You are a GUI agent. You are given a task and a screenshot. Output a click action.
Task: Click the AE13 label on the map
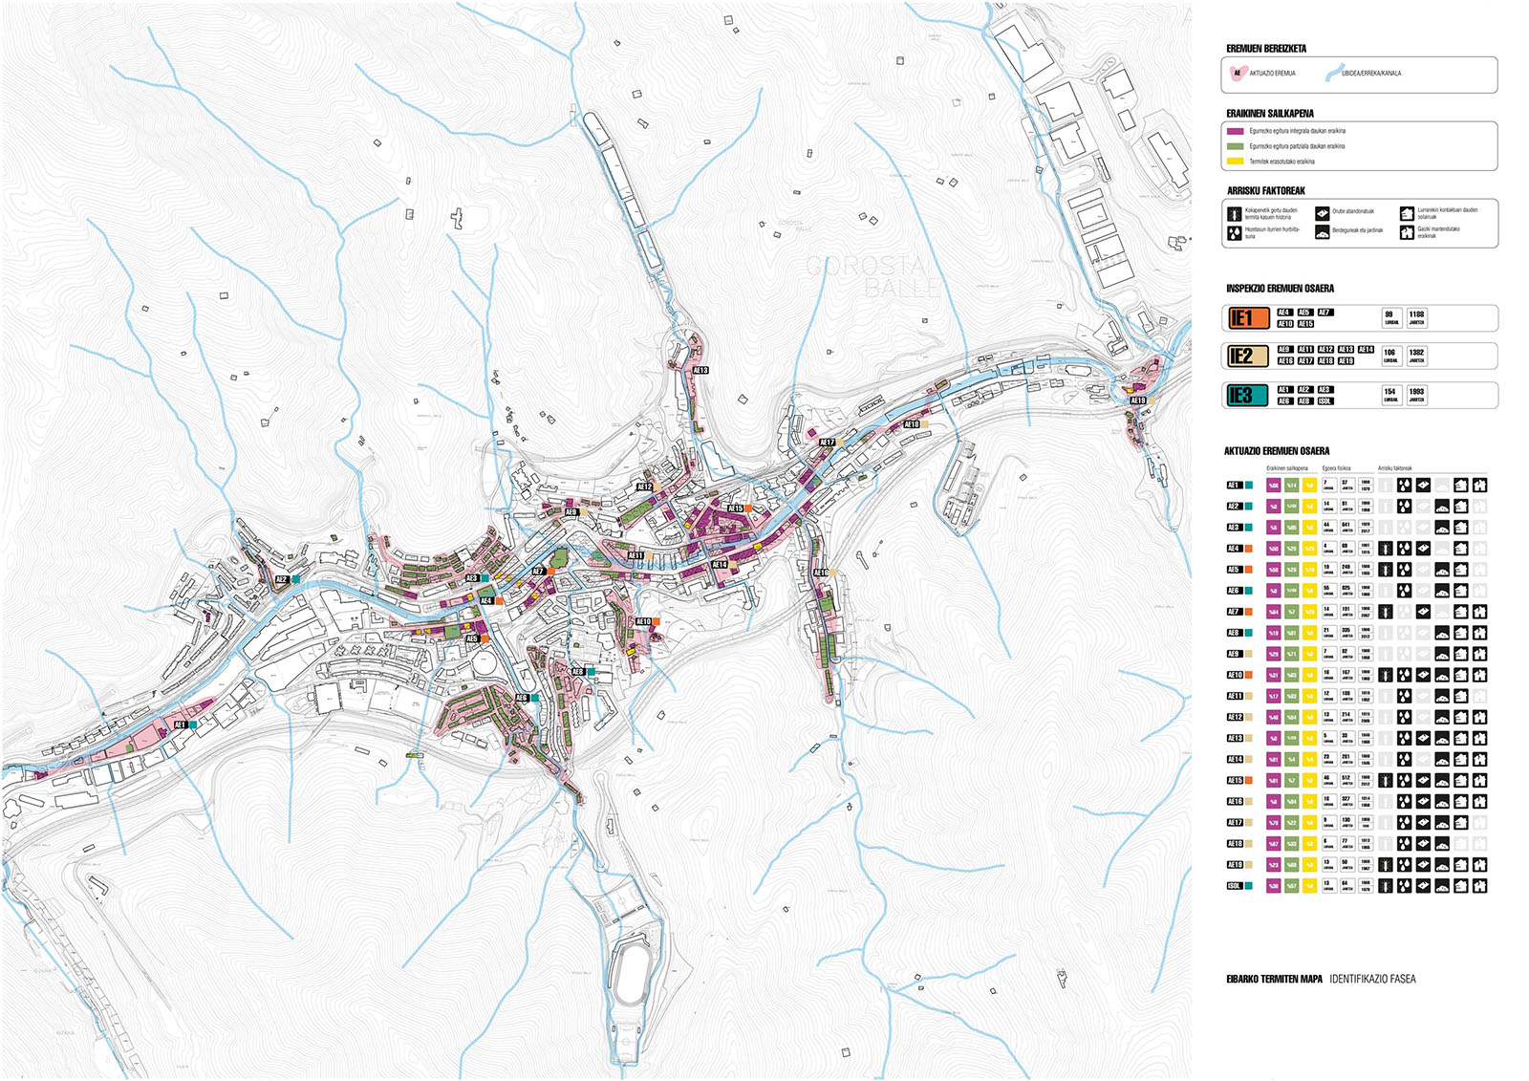tap(700, 370)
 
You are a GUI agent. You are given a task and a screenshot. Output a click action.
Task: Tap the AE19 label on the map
tap(1137, 400)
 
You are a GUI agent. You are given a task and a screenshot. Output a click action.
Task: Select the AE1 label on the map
tap(180, 725)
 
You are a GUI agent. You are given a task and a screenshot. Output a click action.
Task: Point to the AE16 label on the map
tap(821, 573)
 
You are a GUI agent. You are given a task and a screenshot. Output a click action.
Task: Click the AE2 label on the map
tap(282, 579)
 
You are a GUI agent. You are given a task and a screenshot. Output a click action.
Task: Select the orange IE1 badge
tap(1248, 318)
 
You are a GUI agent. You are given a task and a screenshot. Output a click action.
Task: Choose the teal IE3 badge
tap(1248, 395)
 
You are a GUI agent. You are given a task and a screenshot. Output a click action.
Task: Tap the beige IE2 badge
tap(1248, 357)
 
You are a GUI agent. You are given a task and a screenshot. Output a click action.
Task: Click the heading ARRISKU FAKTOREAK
tap(1265, 191)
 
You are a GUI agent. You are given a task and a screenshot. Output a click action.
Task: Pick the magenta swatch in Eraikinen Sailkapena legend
tap(1235, 131)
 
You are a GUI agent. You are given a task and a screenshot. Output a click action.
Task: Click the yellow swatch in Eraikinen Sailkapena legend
tap(1235, 162)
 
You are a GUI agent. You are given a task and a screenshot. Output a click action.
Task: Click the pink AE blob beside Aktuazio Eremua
tap(1237, 73)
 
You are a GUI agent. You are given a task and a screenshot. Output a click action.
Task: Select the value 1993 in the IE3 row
tap(1416, 392)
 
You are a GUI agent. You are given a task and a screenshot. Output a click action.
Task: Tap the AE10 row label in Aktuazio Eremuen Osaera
tap(1235, 675)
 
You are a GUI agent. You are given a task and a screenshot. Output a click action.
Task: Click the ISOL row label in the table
tap(1234, 886)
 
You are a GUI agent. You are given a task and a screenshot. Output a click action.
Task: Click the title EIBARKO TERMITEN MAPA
tap(1274, 979)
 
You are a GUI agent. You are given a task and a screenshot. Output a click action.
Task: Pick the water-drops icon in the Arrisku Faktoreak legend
tap(1235, 232)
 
